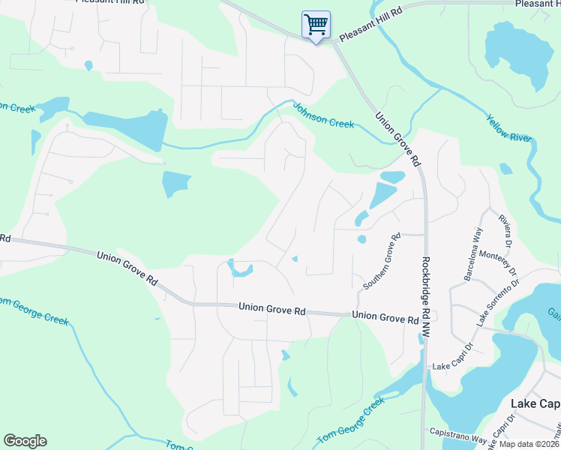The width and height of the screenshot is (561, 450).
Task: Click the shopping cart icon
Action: click(x=316, y=25)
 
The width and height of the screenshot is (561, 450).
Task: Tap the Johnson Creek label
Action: click(x=323, y=115)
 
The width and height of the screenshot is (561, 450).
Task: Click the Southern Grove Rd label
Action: click(x=382, y=261)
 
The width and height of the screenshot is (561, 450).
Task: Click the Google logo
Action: click(x=25, y=441)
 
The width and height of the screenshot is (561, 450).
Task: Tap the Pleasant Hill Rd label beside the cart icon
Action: click(x=370, y=25)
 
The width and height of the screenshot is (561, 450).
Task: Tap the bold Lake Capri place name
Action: click(x=535, y=403)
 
